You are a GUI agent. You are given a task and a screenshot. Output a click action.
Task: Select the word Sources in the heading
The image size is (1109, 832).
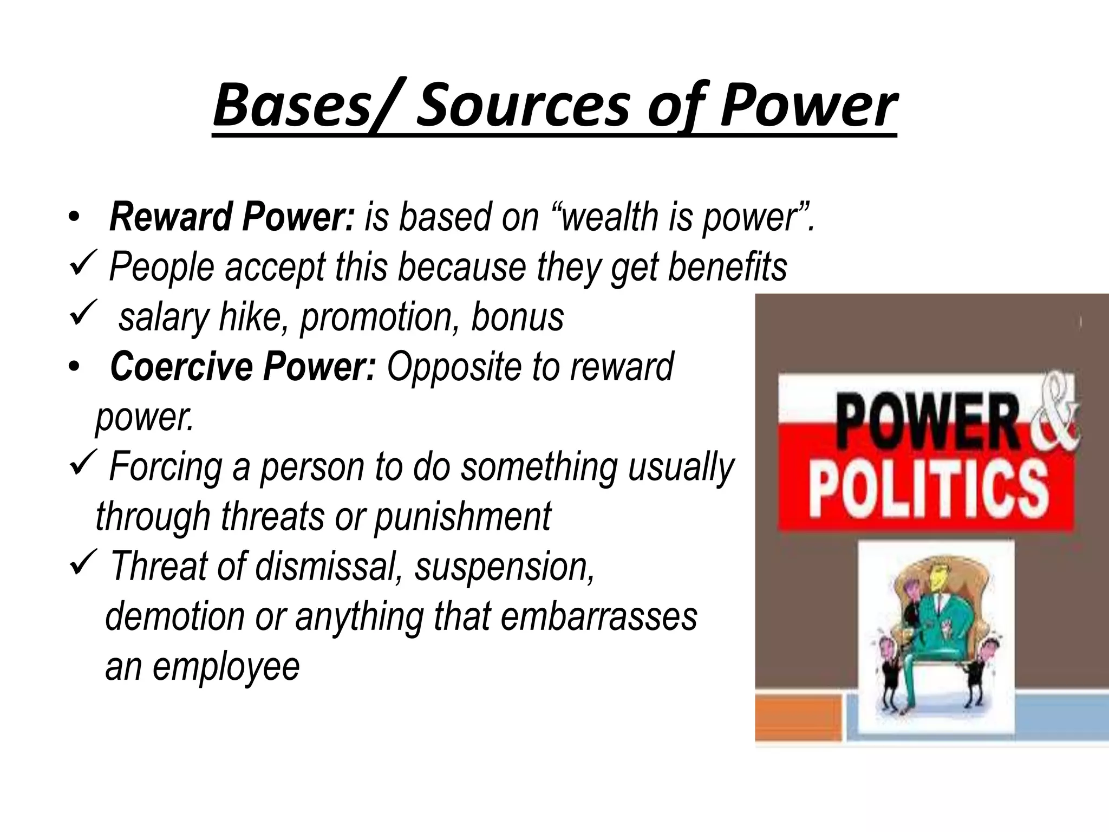tap(523, 105)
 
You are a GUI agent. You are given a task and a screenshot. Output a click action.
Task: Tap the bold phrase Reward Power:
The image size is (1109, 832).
tap(232, 217)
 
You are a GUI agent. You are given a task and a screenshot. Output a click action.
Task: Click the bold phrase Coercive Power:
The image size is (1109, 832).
tap(243, 367)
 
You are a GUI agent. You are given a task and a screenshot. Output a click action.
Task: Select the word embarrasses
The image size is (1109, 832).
tap(598, 617)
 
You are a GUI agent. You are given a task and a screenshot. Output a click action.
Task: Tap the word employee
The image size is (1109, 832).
tap(226, 667)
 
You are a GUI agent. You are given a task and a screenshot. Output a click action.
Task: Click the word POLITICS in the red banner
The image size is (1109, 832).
tap(929, 491)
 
